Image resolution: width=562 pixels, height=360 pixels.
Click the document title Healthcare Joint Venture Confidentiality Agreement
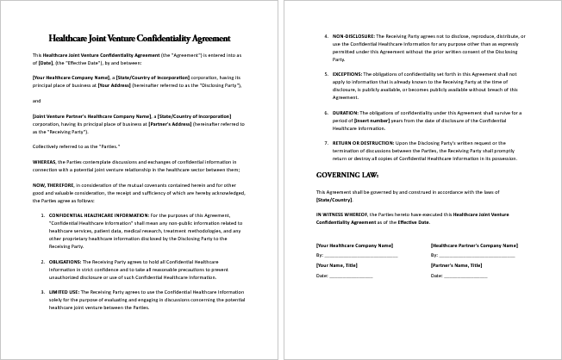click(140, 39)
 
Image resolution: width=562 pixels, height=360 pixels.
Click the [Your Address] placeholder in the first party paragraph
click(115, 85)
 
